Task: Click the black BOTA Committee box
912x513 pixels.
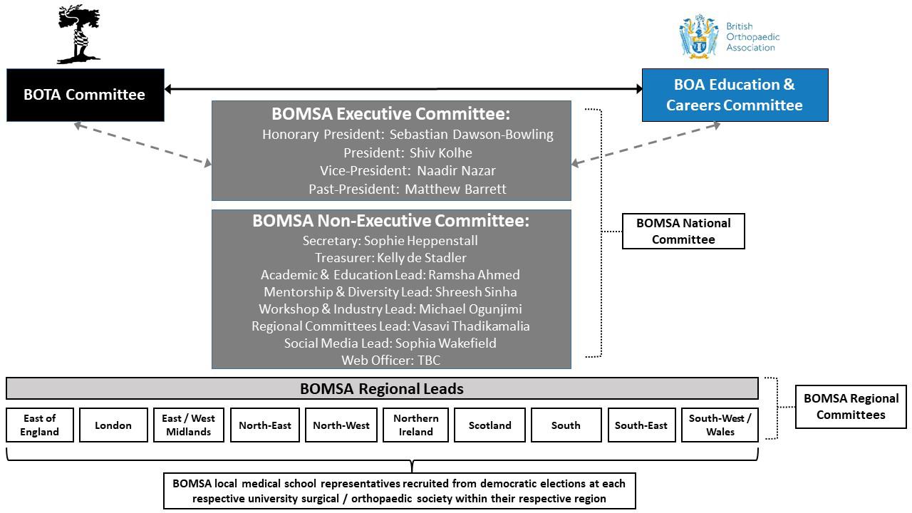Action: [85, 95]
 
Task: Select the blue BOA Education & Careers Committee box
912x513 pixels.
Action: [735, 95]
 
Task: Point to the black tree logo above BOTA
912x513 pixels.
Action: [79, 33]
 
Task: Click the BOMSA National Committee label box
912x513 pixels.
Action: [683, 232]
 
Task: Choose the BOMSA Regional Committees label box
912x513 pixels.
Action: [851, 407]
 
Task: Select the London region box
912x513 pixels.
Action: [113, 425]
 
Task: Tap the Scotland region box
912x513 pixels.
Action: [489, 425]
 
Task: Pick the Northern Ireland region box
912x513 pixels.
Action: [415, 425]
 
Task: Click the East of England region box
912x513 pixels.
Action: [39, 425]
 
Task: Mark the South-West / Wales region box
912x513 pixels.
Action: [720, 425]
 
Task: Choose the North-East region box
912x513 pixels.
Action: [264, 425]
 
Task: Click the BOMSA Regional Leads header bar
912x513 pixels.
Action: [382, 389]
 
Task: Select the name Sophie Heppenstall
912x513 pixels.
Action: [420, 241]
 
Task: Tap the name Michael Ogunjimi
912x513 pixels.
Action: [470, 309]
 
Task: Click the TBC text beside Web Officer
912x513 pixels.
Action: [429, 361]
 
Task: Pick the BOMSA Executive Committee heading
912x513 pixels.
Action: [390, 114]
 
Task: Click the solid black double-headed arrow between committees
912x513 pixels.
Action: [403, 89]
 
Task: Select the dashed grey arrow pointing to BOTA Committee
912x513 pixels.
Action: [142, 144]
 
